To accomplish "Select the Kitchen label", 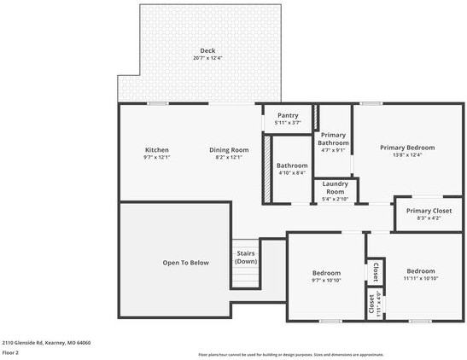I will [156, 150].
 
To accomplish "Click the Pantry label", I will [287, 115].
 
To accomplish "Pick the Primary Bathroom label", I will [333, 139].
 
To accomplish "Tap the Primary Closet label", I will [429, 211].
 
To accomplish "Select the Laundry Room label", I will [335, 188].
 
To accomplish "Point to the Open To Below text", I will [185, 263].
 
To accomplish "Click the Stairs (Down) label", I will [246, 257].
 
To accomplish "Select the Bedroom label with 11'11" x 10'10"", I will [420, 271].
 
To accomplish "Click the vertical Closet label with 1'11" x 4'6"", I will [373, 305].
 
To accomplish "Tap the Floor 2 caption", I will [11, 351].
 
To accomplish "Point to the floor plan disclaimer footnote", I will [290, 354].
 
